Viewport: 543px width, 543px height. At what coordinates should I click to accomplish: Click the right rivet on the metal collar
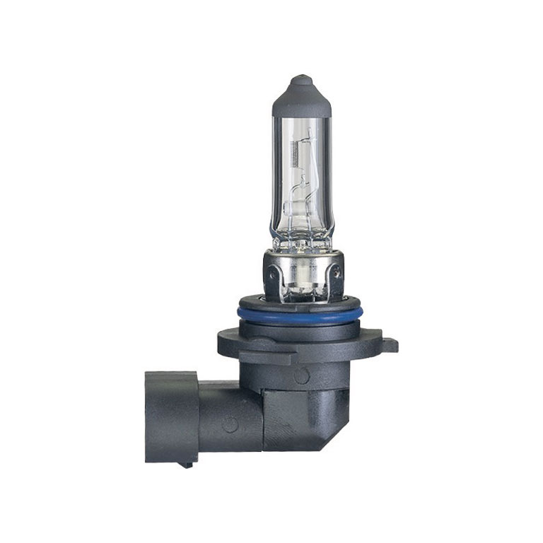coord(336,270)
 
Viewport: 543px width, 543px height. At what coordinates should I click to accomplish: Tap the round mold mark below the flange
coord(302,375)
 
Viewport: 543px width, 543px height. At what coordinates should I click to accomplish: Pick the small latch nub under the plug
coord(186,465)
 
